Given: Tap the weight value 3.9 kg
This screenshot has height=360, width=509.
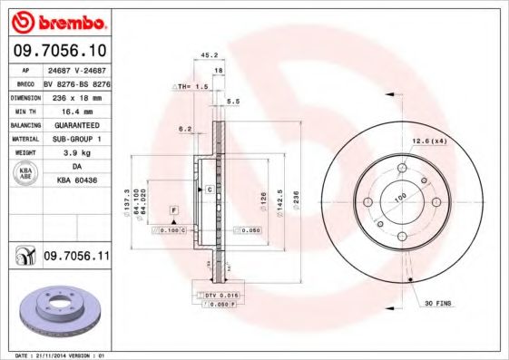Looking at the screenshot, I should click(x=77, y=153).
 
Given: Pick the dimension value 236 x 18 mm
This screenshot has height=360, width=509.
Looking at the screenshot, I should click(x=77, y=95).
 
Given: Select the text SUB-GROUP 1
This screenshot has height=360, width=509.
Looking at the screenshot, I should click(x=77, y=139).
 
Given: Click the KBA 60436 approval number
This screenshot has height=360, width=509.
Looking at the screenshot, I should click(x=77, y=181).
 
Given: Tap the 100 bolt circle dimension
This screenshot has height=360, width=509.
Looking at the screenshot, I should click(x=398, y=197).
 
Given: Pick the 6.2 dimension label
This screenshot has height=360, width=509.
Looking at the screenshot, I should click(x=185, y=129).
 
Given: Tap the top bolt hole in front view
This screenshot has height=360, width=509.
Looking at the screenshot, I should click(x=402, y=168).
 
